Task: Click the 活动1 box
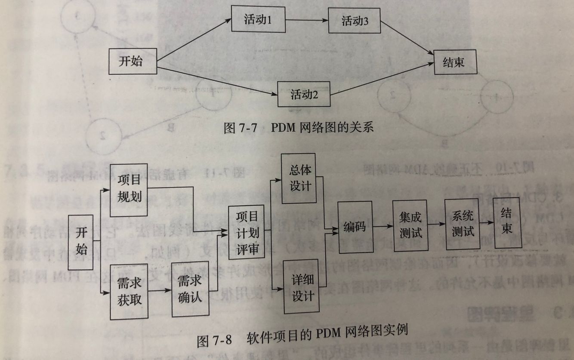pos(258,19)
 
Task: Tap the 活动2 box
pos(304,94)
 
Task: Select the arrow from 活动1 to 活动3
pos(306,20)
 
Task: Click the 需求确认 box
pos(190,289)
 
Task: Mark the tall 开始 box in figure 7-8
pos(81,242)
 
